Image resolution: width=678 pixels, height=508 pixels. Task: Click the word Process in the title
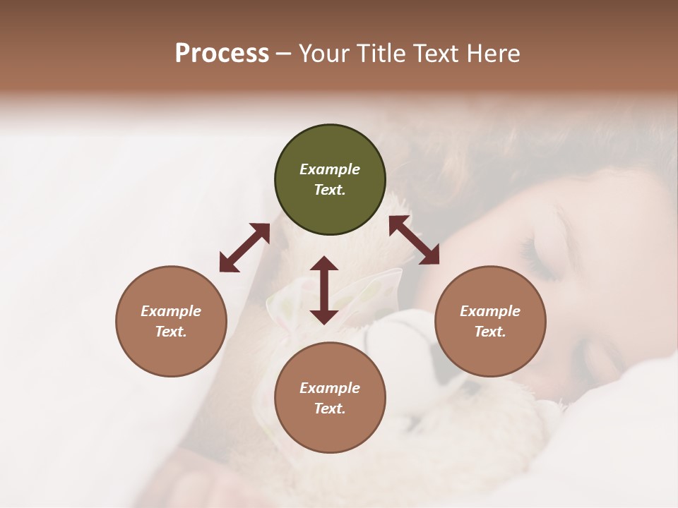click(222, 54)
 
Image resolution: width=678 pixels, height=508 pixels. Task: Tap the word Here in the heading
click(492, 54)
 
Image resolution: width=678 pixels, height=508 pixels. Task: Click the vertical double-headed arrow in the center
click(324, 290)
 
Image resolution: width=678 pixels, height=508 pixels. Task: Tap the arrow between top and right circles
click(414, 240)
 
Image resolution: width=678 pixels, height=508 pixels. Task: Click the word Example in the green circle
click(330, 169)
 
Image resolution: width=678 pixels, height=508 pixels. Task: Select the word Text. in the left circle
click(171, 332)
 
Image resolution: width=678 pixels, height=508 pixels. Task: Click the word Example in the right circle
click(490, 311)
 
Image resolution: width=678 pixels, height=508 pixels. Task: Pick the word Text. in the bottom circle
click(330, 409)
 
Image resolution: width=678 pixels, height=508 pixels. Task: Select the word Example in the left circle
click(171, 311)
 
